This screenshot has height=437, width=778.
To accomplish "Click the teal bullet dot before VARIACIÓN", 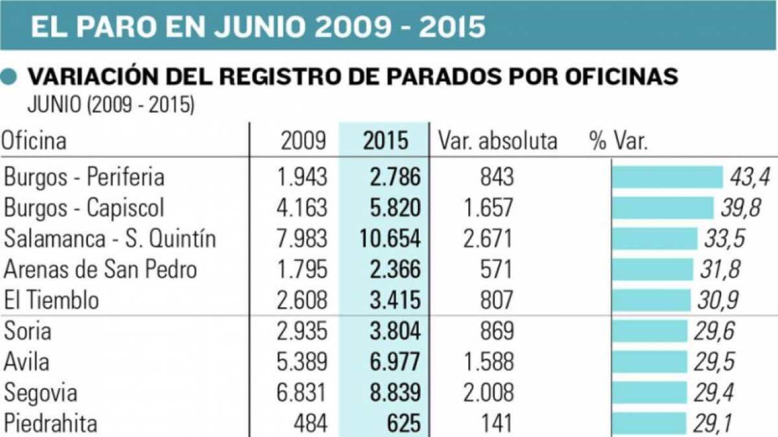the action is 8,76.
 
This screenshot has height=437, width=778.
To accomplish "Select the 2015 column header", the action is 386,141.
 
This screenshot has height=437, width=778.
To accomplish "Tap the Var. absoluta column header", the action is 497,141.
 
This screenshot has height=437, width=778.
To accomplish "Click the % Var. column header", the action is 619,141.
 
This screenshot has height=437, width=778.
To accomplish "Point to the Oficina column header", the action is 33,141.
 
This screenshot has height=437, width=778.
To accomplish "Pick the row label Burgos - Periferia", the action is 84,177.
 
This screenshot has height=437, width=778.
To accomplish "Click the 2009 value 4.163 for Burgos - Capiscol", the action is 302,208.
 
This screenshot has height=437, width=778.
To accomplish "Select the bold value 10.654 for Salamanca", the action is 390,239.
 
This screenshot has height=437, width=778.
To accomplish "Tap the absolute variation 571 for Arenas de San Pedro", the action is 496,269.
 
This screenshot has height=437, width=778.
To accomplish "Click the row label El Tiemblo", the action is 51,300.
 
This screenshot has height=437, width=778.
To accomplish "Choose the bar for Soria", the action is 650,331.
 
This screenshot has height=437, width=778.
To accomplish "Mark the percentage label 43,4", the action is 749,177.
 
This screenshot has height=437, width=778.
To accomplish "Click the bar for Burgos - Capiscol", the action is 663,208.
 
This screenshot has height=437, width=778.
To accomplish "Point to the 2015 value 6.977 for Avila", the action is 395,362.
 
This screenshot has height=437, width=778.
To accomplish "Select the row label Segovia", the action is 40,393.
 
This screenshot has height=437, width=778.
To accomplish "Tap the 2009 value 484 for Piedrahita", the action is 311,423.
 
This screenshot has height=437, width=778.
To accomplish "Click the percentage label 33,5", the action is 725,239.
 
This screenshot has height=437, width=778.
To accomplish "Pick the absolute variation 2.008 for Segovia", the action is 488,392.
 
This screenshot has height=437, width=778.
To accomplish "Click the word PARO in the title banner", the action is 116,27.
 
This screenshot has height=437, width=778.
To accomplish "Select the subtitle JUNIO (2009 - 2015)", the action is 111,104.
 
